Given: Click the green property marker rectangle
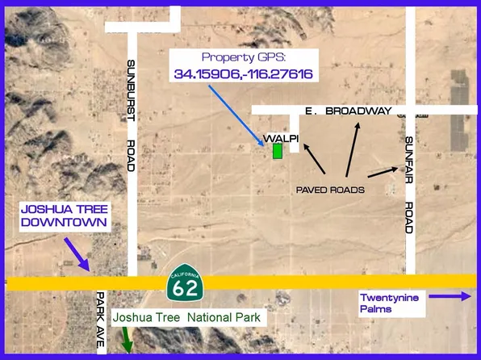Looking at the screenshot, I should point(277,151).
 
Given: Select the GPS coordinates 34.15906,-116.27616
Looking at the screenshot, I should point(243,74).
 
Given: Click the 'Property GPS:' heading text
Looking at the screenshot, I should point(243,57).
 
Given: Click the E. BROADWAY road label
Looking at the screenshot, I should point(349,110).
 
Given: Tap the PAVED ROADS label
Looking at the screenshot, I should point(330,190).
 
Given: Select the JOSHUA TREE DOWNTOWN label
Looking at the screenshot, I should point(64,216).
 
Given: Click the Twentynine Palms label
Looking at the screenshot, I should point(390,303).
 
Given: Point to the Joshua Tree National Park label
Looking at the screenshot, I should point(187,318).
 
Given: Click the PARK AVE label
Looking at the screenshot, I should point(100,320).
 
